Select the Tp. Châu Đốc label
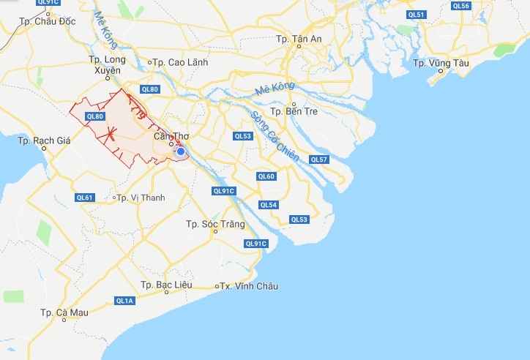49,21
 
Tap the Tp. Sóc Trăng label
212,224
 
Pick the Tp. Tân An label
299,39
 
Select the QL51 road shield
416,15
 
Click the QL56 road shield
460,6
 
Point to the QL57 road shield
319,160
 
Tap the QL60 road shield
266,176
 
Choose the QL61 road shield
85,198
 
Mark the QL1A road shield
124,301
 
